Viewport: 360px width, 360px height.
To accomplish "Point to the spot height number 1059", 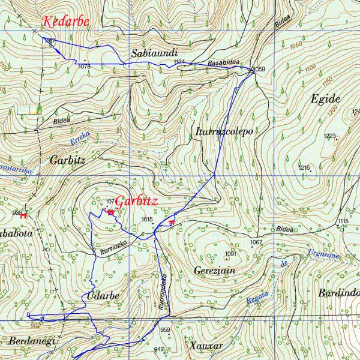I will click(258, 70).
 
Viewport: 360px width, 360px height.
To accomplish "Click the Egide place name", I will click(326, 99).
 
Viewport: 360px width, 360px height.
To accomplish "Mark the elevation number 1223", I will click(329, 136).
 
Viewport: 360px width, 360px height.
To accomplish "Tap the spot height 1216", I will click(304, 167).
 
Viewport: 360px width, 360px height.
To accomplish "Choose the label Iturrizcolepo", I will click(224, 131).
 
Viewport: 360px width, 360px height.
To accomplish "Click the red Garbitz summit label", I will click(136, 202).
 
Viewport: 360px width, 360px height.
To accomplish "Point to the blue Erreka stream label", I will click(79, 140).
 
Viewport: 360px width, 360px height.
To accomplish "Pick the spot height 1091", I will click(231, 254).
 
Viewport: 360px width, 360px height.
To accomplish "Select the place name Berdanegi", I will click(31, 341).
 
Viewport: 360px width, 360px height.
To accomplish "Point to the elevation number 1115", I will click(343, 221).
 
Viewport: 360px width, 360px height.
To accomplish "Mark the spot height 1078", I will click(84, 67).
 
